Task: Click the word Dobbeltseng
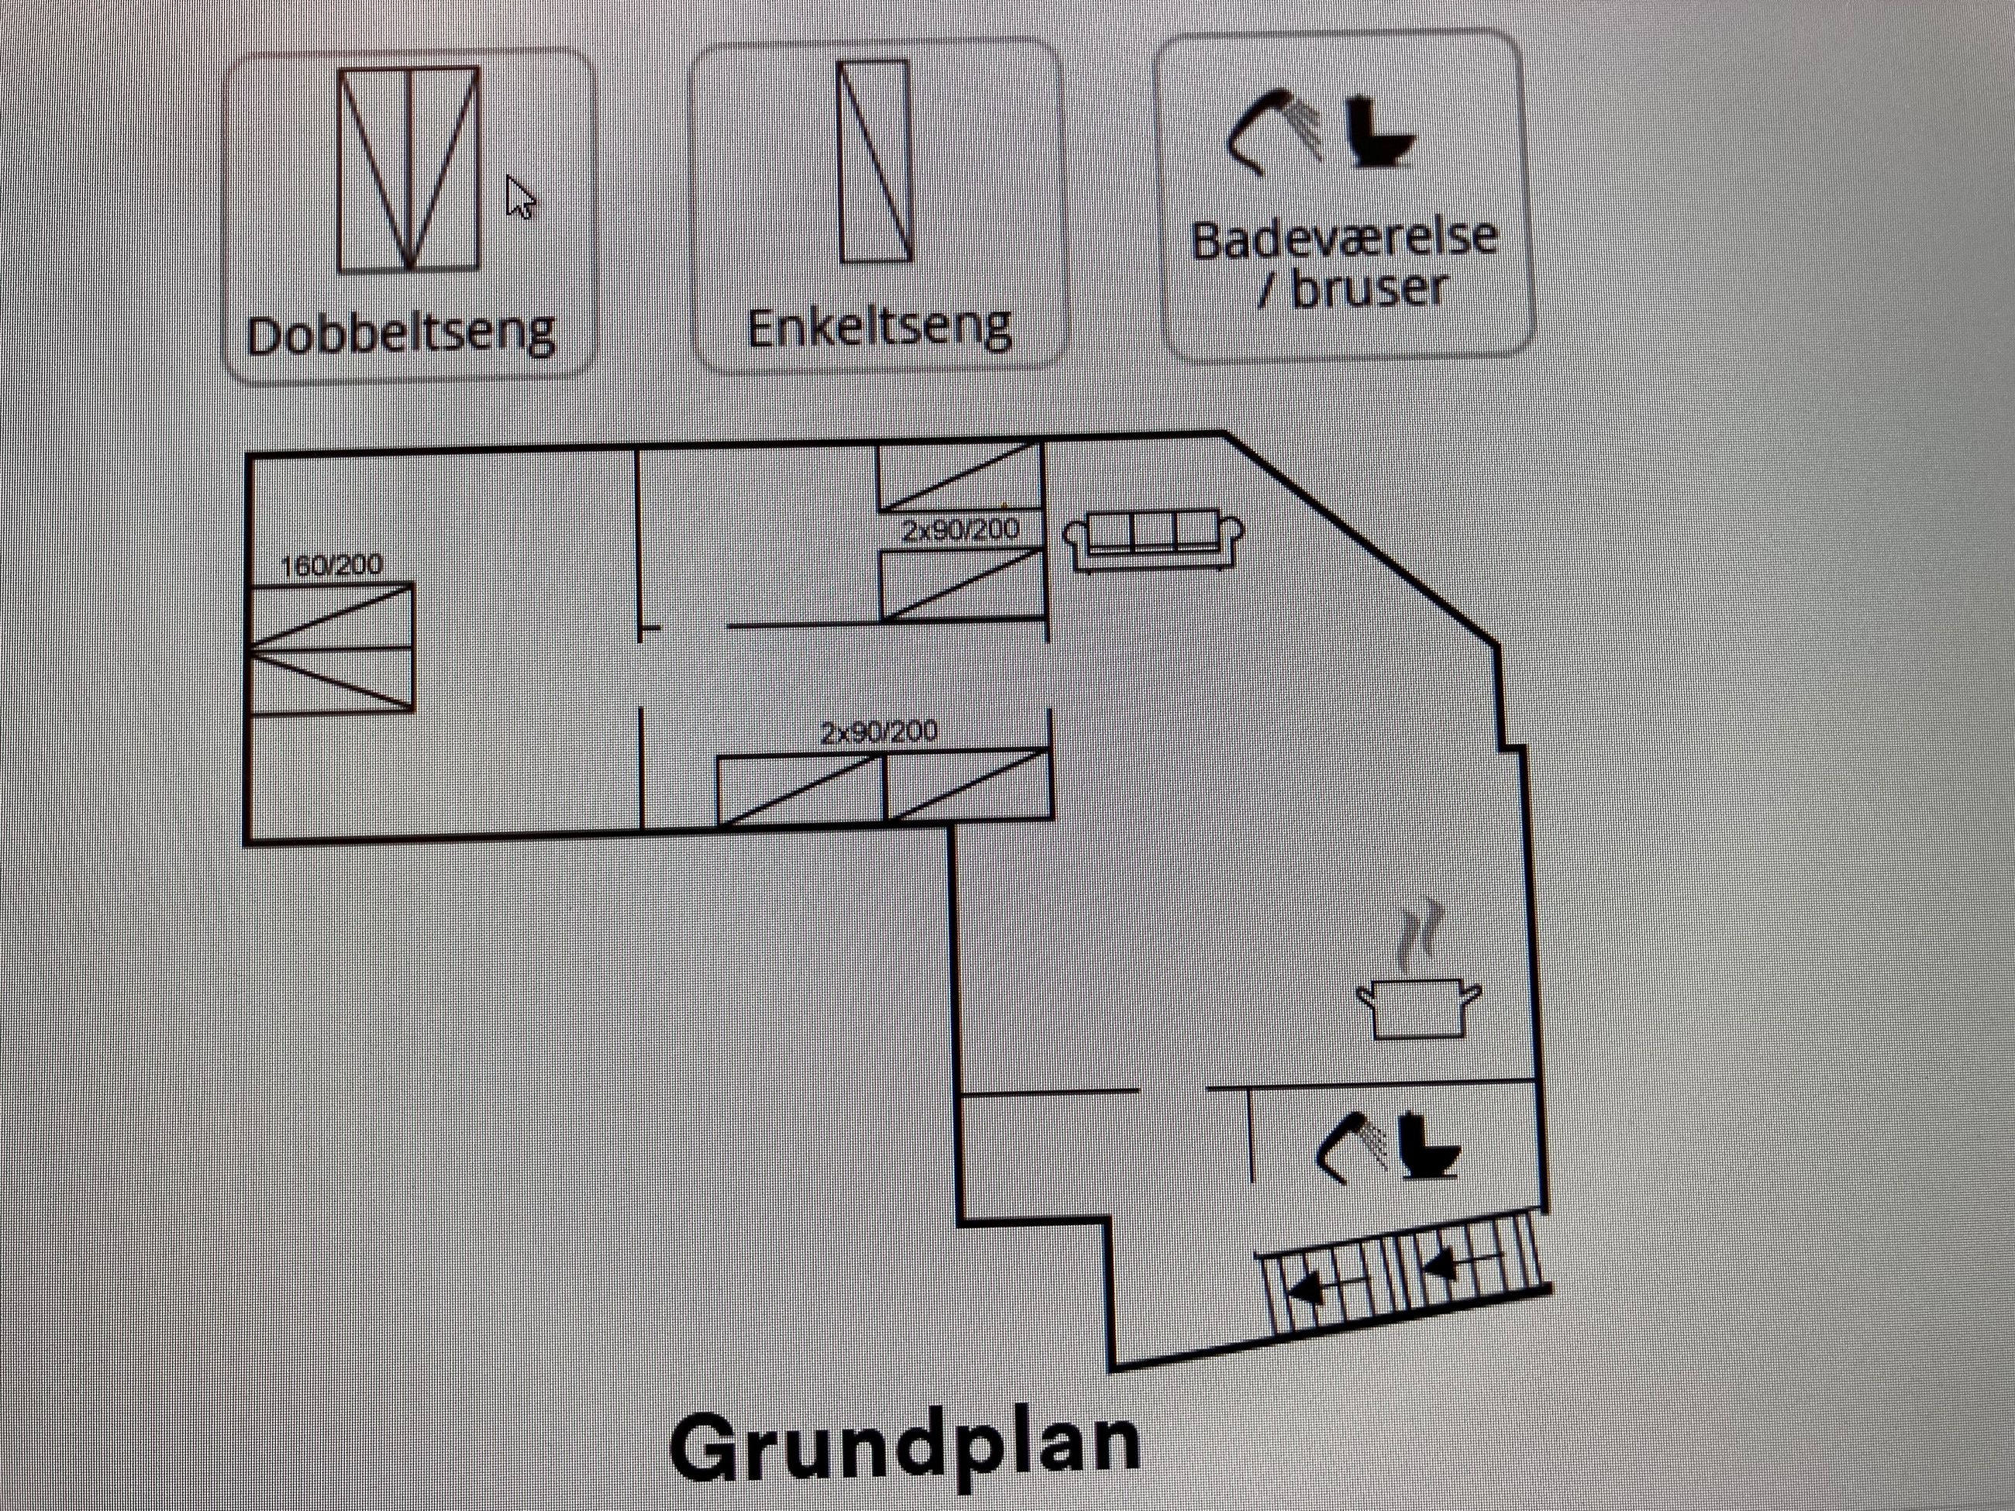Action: (401, 336)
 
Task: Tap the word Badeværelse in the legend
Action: (1344, 239)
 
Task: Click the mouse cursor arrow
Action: (519, 197)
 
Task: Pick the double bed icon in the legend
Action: (408, 170)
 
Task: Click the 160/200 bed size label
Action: (331, 566)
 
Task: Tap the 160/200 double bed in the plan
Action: (331, 648)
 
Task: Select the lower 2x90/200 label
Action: (879, 732)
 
